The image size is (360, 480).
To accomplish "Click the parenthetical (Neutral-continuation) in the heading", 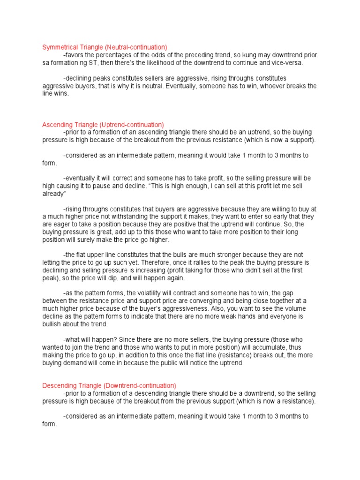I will coord(135,47).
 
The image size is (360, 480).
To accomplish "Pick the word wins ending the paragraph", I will coord(61,94).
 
